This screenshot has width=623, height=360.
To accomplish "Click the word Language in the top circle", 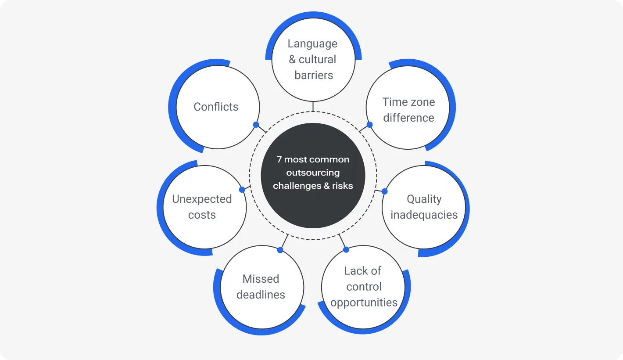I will (x=312, y=44).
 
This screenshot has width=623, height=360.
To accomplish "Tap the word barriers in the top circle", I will (x=314, y=76).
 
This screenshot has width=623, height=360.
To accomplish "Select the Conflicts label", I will (x=216, y=107).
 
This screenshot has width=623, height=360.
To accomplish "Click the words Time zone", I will (x=408, y=102).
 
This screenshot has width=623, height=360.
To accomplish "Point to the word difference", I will (x=408, y=118).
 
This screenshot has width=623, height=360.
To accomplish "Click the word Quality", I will (x=424, y=199).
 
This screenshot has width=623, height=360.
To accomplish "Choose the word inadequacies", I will (x=424, y=215).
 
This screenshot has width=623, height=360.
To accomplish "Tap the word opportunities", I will (x=364, y=303).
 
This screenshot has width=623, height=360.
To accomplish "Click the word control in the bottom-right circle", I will (x=364, y=287).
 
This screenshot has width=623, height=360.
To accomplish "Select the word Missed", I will (x=261, y=279).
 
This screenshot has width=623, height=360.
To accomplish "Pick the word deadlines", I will (x=261, y=295).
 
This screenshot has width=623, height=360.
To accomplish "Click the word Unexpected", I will (x=202, y=199).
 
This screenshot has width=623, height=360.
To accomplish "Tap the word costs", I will (x=202, y=215).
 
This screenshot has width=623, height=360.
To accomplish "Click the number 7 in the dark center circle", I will (x=279, y=160).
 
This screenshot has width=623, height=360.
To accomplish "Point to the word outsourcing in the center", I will (x=313, y=173).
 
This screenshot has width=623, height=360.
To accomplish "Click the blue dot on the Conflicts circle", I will (x=256, y=125).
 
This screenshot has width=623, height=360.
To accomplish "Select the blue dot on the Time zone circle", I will (x=369, y=125).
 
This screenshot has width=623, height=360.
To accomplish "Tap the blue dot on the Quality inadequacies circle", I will (x=384, y=191).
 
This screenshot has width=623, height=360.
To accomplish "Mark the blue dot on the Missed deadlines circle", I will (x=280, y=250).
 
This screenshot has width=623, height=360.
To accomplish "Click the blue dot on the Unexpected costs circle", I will (x=242, y=190).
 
